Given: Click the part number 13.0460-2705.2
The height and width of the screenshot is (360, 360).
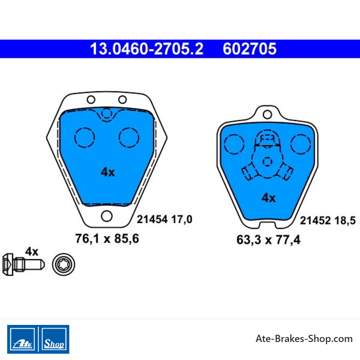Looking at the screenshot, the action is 147,49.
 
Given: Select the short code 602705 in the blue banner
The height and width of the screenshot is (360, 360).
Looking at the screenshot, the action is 250,49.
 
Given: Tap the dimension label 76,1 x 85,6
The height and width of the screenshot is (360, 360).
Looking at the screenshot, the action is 107,238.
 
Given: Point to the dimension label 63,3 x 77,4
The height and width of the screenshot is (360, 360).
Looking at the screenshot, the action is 268,240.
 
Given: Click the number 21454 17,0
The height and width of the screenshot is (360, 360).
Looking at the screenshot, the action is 165,219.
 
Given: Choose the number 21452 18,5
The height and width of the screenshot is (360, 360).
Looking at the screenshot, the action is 328,220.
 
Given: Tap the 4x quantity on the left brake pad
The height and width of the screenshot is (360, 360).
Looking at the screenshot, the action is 108,172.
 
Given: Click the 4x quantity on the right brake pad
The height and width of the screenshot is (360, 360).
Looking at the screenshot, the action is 269,198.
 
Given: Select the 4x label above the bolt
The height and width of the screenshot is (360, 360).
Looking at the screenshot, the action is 31,252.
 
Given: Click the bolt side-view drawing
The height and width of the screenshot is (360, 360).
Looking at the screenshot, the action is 23,265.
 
